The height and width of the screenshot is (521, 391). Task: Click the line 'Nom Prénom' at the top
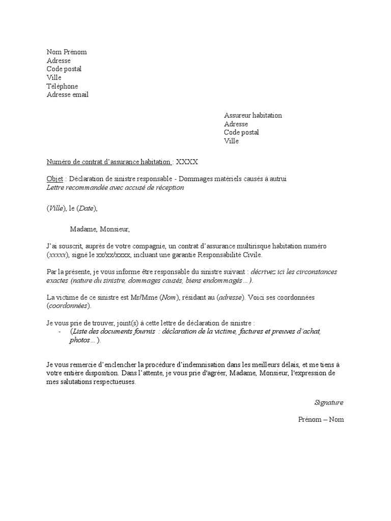point(67,52)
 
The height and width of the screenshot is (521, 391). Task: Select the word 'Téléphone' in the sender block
point(63,86)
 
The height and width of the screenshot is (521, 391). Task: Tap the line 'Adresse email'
point(68,95)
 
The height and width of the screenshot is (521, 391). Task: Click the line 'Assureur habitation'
point(253,115)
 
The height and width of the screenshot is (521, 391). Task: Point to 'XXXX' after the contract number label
point(187,162)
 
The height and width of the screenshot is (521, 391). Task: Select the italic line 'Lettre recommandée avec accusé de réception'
point(115,187)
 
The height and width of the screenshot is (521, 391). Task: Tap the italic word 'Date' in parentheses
point(86,208)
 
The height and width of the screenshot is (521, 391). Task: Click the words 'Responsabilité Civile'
point(231,255)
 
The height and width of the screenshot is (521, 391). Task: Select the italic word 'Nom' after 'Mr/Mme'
point(167,297)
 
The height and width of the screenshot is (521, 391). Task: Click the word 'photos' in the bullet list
point(80,340)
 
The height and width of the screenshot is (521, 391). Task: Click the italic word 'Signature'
point(329,402)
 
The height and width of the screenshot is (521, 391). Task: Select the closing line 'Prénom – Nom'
point(321,419)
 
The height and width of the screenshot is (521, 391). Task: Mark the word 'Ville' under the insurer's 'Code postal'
point(231,141)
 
